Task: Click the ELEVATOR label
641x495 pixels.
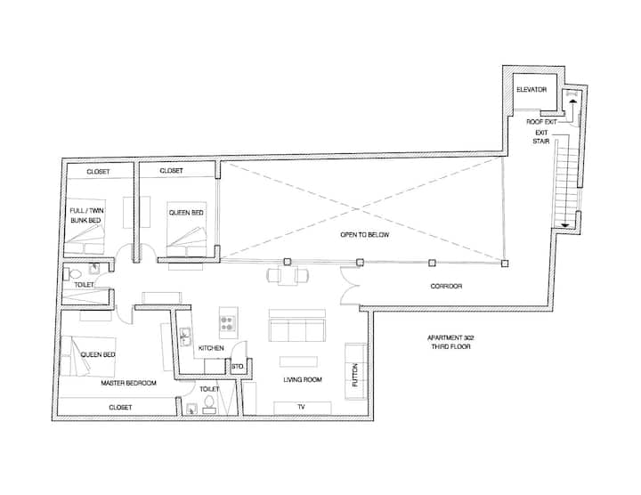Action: [x=531, y=90]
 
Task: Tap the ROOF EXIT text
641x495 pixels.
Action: [x=541, y=122]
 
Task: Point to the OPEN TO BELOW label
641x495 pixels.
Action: [x=365, y=235]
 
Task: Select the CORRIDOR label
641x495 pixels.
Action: [x=446, y=286]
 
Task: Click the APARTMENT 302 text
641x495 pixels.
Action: [x=450, y=338]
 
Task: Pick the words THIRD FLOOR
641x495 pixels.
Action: [x=450, y=346]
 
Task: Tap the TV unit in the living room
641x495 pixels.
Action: [x=302, y=408]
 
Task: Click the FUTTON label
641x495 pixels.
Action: [x=355, y=375]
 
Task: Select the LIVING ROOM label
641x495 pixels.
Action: [x=303, y=380]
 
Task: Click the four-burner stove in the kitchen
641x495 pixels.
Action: [x=228, y=323]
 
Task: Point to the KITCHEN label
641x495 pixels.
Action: [x=211, y=348]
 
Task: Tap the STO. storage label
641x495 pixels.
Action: [x=237, y=367]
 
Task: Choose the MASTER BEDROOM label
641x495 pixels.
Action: [x=128, y=383]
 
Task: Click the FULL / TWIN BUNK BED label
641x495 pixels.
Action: [x=86, y=215]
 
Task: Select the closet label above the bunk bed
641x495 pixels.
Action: [x=98, y=172]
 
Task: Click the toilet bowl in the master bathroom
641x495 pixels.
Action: [x=209, y=402]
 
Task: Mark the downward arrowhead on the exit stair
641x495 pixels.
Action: [x=565, y=225]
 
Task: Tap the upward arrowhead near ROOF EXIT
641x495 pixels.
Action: [x=572, y=101]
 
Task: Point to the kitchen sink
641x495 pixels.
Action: [x=185, y=337]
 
